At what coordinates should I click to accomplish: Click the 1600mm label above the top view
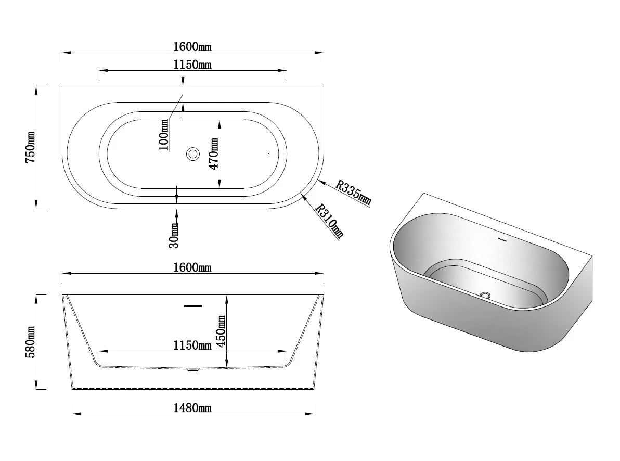point(192,47)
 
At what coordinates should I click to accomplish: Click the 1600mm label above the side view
point(192,267)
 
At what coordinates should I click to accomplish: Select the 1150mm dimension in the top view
point(192,65)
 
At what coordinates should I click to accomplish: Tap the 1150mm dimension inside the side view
point(192,345)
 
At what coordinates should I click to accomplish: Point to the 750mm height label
point(30,148)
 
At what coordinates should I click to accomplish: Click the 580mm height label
point(30,342)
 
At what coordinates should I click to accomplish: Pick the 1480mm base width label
point(192,407)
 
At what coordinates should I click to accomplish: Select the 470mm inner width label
point(214,154)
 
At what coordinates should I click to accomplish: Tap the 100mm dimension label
point(163,135)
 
